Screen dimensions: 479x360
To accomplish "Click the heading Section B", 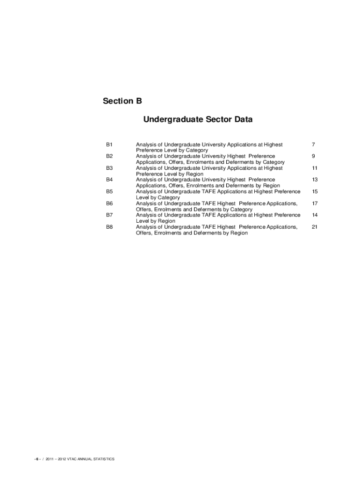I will coord(122,101).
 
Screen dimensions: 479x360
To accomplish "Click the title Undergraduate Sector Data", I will coord(198,120).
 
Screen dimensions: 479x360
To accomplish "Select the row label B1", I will coord(109,145).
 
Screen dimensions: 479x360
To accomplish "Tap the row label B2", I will coord(109,156).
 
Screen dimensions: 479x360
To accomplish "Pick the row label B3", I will coord(109,168).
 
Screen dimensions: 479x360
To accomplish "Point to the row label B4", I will coord(109,180).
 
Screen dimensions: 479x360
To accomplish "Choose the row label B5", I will coord(109,191).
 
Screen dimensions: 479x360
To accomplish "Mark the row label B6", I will coord(109,203).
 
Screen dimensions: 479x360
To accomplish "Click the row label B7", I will coord(109,215).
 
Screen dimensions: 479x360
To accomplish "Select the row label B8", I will coord(109,227).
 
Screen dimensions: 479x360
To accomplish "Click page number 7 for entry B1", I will coord(315,145).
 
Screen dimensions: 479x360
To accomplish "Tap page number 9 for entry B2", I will coord(315,156).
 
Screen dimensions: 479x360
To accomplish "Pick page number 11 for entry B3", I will coord(315,168).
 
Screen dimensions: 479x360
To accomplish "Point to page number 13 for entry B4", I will coord(315,180).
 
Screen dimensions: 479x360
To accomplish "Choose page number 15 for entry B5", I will coord(315,191).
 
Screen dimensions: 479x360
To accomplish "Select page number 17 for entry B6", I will coord(315,203).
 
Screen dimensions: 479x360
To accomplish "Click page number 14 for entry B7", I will coord(315,215).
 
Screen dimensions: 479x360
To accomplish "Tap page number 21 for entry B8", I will coord(315,227).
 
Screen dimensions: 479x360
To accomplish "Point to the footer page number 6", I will coord(36,459).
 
